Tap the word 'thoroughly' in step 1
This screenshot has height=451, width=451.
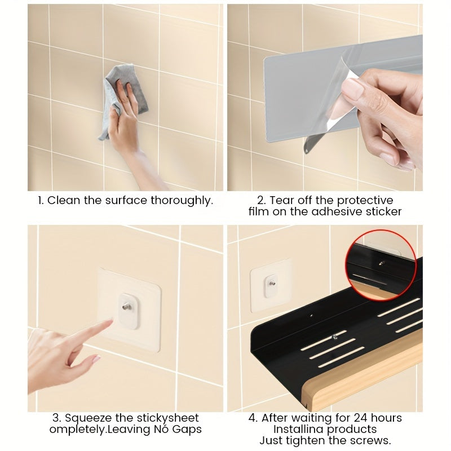(182, 201)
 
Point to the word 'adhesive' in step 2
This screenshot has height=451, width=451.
(337, 212)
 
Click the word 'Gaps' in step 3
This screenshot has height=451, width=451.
(187, 429)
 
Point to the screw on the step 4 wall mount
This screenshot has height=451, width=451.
(272, 284)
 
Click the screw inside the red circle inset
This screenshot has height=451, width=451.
(382, 263)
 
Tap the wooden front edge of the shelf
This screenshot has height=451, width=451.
(362, 379)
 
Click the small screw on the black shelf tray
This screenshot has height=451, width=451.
(334, 337)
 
